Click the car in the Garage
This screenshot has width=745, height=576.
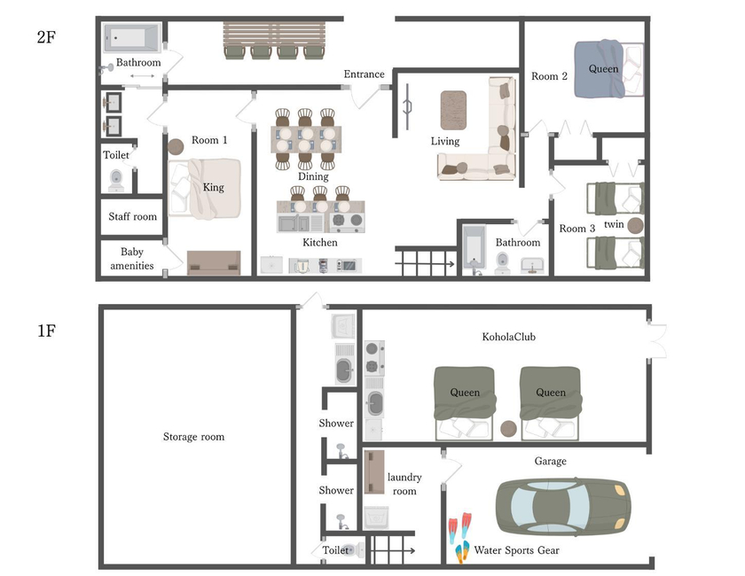563,506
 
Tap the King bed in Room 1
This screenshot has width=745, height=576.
204,189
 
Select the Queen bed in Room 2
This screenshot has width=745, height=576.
608,69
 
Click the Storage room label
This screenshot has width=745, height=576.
193,436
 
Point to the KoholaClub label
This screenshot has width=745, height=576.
508,337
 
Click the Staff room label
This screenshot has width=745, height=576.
132,216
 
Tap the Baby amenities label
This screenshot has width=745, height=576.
131,259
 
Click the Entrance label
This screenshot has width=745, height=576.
364,74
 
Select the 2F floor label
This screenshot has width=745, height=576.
46,37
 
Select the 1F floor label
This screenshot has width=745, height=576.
46,331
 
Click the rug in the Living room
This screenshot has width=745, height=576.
453,110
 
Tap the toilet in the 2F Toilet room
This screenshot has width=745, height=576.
116,181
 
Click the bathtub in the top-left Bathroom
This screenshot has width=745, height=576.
131,37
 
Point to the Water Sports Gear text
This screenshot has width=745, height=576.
516,550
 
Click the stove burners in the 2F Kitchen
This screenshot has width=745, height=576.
347,220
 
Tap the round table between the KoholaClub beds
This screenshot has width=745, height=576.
508,429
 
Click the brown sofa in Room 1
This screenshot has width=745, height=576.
214,262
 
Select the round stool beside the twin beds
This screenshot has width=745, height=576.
635,226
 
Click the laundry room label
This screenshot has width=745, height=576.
404,484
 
